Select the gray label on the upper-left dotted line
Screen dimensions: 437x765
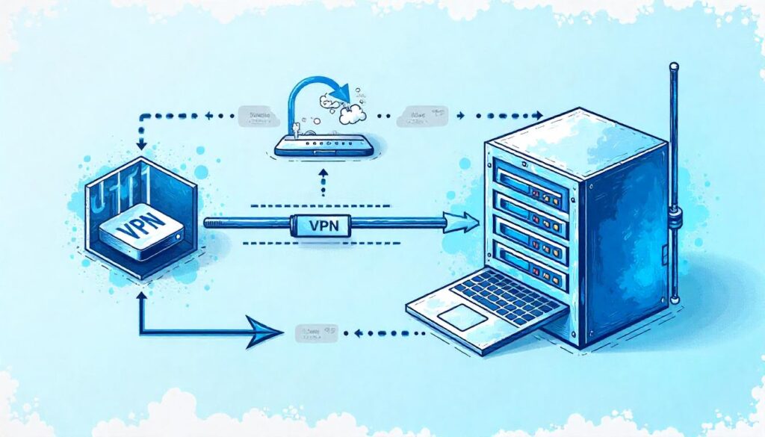[255, 115]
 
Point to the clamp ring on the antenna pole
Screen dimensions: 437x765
[675, 217]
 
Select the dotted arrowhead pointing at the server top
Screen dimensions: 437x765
[538, 116]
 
